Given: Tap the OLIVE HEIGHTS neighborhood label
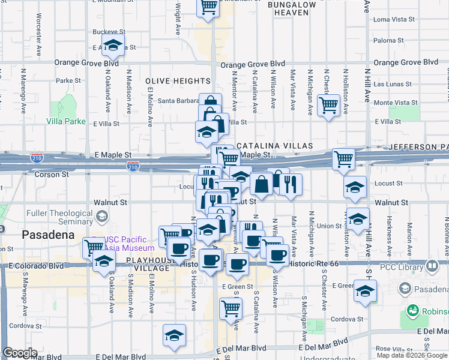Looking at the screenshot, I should (178, 81).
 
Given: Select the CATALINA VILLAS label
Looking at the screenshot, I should (274, 146).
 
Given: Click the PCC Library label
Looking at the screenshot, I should (401, 266).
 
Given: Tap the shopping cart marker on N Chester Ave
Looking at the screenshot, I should (328, 106).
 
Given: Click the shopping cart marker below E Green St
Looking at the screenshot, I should (231, 308).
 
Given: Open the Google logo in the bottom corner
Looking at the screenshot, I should (20, 353).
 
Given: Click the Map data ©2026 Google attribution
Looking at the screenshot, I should (411, 355).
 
